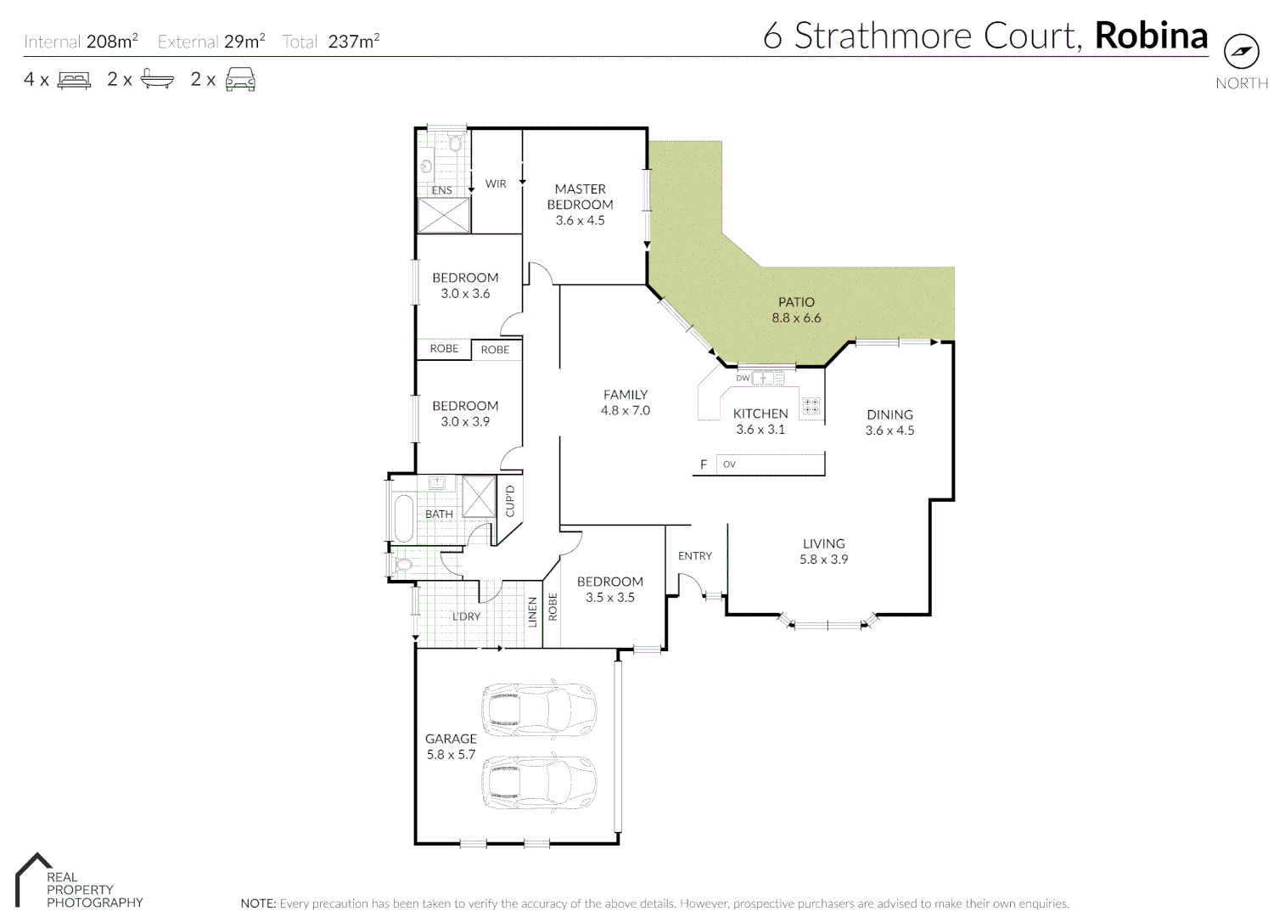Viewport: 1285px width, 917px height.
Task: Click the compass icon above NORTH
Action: pyautogui.click(x=1241, y=52)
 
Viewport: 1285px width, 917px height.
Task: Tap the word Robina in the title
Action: pyautogui.click(x=1151, y=36)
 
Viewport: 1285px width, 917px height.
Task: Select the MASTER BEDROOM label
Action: pyautogui.click(x=580, y=197)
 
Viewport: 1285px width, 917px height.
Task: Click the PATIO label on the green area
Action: pyautogui.click(x=796, y=302)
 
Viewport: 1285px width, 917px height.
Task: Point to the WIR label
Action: pyautogui.click(x=496, y=183)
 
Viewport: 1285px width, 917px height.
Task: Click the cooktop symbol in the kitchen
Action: pyautogui.click(x=811, y=406)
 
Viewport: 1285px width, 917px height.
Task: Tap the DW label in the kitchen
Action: pyautogui.click(x=743, y=378)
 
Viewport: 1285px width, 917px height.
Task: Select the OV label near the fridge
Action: pyautogui.click(x=729, y=464)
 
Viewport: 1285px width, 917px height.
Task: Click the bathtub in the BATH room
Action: pyautogui.click(x=403, y=518)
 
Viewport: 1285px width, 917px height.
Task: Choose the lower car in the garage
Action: pyautogui.click(x=539, y=783)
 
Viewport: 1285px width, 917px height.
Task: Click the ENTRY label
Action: pyautogui.click(x=695, y=556)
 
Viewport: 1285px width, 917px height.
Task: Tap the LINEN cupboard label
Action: pyautogui.click(x=533, y=611)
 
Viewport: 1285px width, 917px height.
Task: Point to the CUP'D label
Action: pyautogui.click(x=510, y=501)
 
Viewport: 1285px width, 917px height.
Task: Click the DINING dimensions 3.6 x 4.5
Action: pyautogui.click(x=889, y=430)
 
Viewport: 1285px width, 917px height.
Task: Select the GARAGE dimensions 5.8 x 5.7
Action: pyautogui.click(x=451, y=754)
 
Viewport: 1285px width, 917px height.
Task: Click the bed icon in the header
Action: pyautogui.click(x=74, y=81)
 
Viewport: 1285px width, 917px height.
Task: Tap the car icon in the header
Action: pyautogui.click(x=240, y=80)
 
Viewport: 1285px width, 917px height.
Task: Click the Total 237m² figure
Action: pyautogui.click(x=353, y=42)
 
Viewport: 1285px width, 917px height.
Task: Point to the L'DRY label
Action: pyautogui.click(x=466, y=616)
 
